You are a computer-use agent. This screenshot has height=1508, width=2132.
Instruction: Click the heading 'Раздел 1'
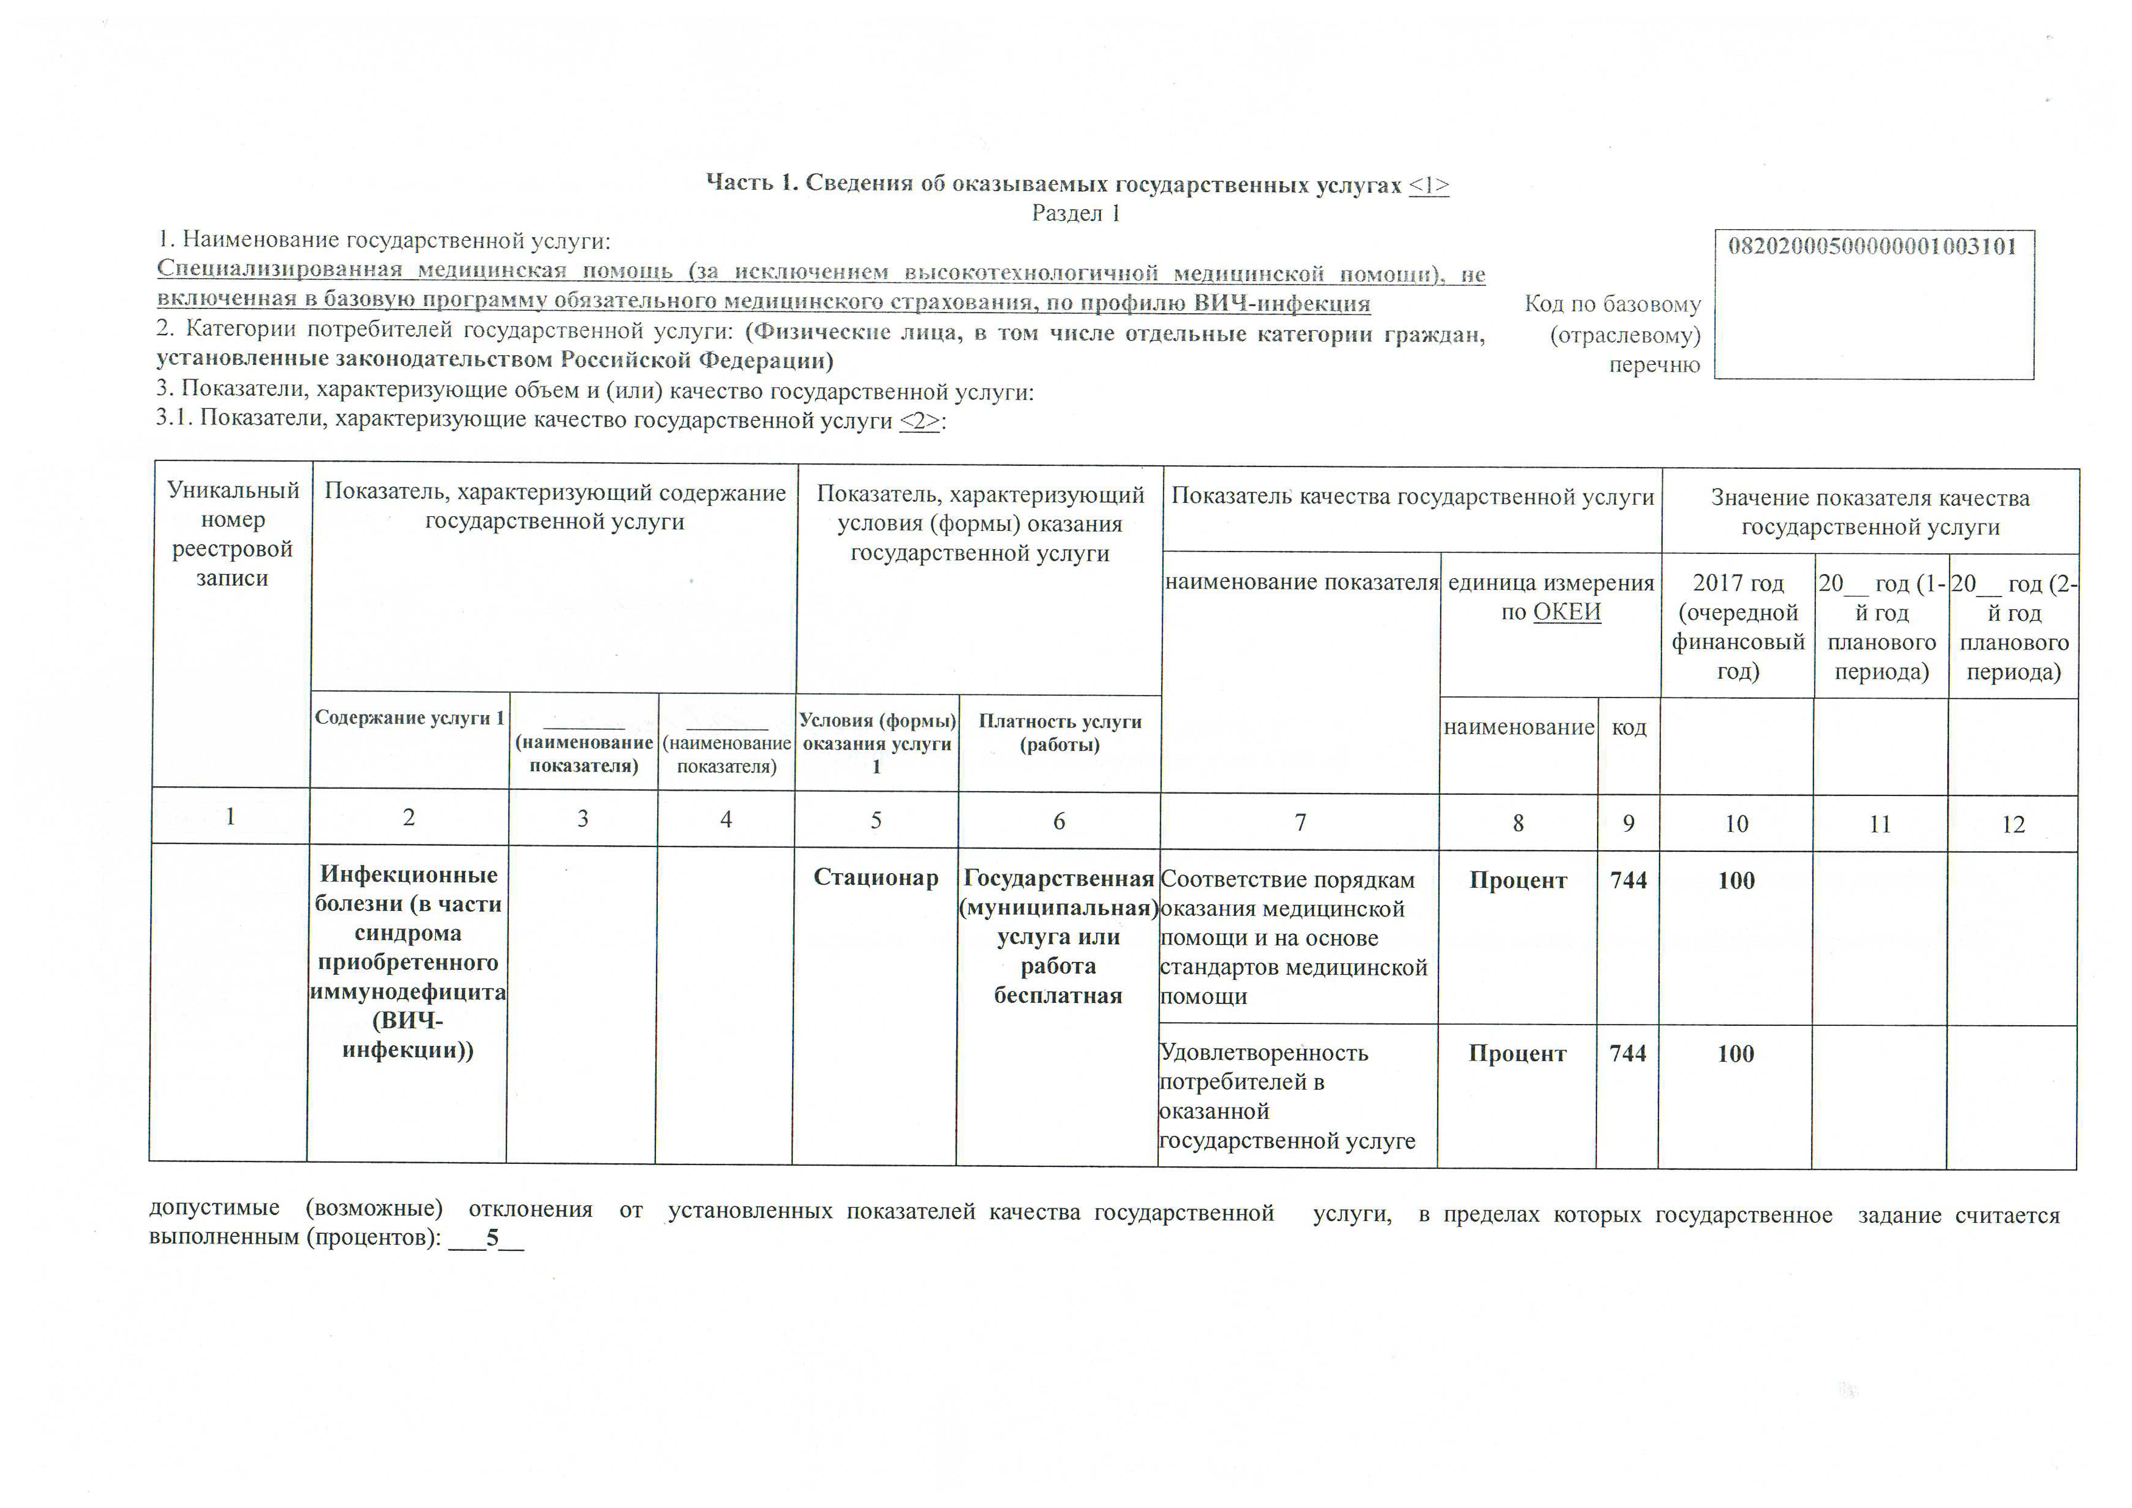pos(1076,213)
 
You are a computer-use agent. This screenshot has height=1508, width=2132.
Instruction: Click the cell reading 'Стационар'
pos(876,877)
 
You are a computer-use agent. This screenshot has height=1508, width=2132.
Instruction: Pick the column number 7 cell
pos(1300,822)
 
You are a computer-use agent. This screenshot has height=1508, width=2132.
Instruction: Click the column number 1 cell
pos(230,816)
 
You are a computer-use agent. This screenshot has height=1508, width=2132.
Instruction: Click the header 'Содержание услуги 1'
pos(409,718)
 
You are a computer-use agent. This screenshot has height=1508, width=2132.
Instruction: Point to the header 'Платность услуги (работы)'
pos(1060,733)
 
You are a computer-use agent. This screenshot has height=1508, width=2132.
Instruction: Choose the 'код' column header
pos(1629,727)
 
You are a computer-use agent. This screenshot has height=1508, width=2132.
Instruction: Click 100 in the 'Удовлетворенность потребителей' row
pos(1736,1054)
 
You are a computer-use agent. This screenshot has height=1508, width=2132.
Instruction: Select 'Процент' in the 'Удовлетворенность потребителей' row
pos(1517,1054)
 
